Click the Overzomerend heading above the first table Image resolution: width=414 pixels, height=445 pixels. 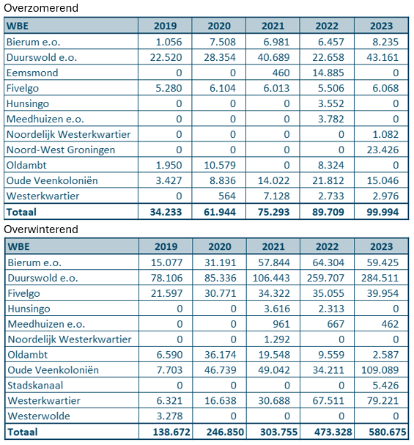[x=41, y=8]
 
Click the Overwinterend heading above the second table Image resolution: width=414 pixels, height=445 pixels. [x=41, y=229]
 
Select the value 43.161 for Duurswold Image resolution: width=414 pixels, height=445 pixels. [x=382, y=57]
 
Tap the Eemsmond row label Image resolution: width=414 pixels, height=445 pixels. [x=32, y=73]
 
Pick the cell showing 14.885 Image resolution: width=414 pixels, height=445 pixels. [x=328, y=73]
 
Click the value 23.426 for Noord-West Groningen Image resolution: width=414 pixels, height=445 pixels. [x=382, y=150]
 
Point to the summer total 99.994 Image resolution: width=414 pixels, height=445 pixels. [x=382, y=212]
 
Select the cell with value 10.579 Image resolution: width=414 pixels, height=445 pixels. [x=220, y=165]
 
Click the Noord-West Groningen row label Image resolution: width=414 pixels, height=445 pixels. [x=61, y=150]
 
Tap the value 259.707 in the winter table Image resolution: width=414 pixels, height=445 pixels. [x=325, y=278]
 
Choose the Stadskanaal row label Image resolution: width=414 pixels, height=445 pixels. [x=35, y=385]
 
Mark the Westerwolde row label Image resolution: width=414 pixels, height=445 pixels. [x=39, y=416]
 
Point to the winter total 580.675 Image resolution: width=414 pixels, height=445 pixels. [x=388, y=432]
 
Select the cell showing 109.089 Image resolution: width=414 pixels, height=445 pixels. [x=380, y=369]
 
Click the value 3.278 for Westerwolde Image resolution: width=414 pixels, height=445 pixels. [x=169, y=416]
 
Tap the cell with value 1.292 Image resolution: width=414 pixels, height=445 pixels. [x=277, y=339]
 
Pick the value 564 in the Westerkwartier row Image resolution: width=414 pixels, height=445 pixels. [x=227, y=196]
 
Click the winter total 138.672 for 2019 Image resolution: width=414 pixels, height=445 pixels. [x=171, y=432]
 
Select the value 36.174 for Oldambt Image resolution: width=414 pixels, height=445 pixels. [x=221, y=355]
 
